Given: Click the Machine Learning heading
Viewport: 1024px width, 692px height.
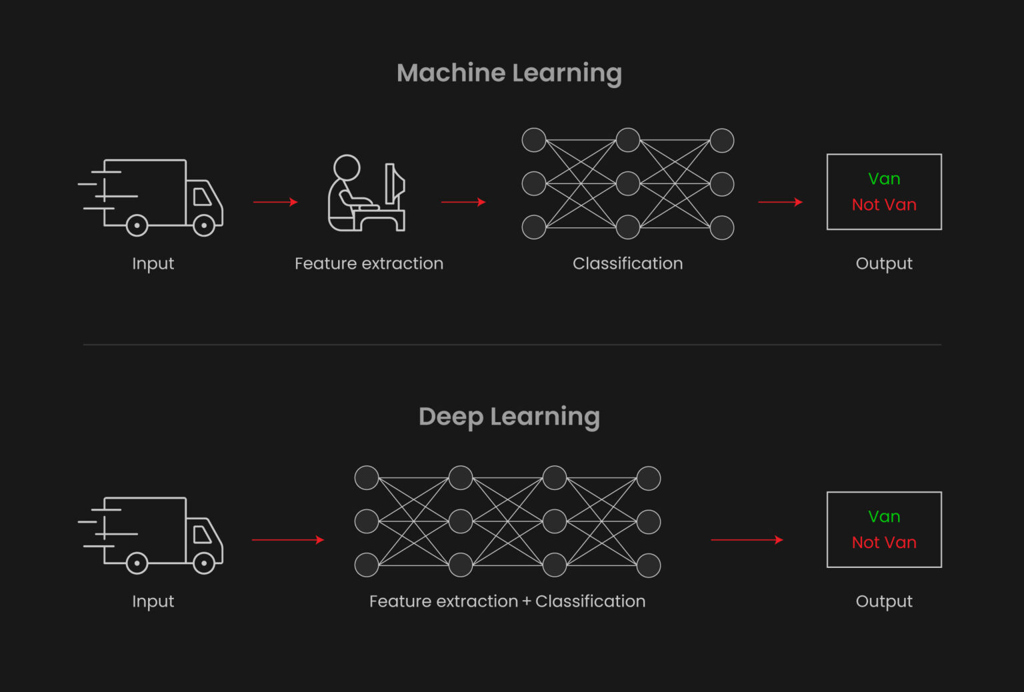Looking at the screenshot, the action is (509, 73).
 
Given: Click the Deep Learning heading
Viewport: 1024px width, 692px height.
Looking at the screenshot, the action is (509, 417).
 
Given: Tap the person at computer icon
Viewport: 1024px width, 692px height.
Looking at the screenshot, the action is (367, 193).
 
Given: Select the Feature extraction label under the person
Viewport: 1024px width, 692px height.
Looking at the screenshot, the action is (369, 263).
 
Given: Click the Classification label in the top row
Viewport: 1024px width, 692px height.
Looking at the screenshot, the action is (627, 263).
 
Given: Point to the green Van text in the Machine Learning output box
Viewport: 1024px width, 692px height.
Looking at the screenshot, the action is (884, 179).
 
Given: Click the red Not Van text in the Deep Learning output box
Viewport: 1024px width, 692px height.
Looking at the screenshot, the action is (884, 543).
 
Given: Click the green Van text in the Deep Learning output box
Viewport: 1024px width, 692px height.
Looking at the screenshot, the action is (884, 517).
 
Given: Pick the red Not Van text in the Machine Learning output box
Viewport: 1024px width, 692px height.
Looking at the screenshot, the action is (884, 205).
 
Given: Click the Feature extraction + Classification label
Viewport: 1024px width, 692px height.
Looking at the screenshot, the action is (507, 601).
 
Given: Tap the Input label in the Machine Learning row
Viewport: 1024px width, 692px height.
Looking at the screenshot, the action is (153, 264).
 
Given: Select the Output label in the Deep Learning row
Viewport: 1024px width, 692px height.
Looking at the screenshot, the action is (884, 601).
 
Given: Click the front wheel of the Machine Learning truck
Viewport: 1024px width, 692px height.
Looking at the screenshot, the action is (204, 225).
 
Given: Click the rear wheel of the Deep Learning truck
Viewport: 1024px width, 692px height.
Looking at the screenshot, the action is (137, 563).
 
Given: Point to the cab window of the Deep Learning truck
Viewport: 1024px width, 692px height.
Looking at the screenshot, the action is (202, 534).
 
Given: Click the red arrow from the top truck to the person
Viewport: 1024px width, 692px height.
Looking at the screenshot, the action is (275, 201).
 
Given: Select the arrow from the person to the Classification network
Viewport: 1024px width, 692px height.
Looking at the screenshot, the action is (463, 201).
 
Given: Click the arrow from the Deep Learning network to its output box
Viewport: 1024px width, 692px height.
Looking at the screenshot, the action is (747, 540).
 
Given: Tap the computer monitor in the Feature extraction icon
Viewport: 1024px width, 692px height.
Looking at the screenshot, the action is (395, 184).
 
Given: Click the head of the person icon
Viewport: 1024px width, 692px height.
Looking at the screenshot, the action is (347, 167).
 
